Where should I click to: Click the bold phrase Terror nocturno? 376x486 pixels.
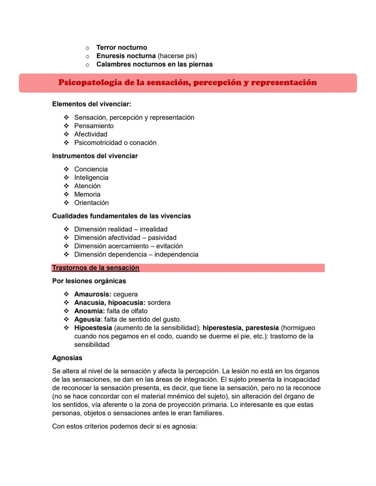tap(122, 47)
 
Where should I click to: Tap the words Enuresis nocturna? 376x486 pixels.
tap(126, 56)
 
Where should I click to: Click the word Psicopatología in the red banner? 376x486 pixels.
tap(90, 83)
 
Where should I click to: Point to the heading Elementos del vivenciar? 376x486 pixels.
tap(92, 104)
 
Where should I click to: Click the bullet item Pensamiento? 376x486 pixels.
tap(94, 126)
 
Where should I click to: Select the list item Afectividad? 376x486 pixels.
tap(91, 134)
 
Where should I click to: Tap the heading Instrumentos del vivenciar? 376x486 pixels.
tap(95, 156)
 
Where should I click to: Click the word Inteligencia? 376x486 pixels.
tap(91, 177)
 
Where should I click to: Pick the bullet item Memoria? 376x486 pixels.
tap(87, 194)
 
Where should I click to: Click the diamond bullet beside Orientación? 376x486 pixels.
tap(66, 203)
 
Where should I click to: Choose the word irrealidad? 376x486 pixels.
tap(154, 229)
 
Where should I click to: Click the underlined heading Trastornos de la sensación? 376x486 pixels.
tap(95, 268)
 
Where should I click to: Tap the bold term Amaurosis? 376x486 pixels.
tap(92, 294)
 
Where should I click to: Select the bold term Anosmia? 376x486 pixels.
tap(89, 311)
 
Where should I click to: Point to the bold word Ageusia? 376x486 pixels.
tap(87, 319)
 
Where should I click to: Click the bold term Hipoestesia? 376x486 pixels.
tap(93, 328)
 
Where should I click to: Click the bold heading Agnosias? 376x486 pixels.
tap(67, 358)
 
